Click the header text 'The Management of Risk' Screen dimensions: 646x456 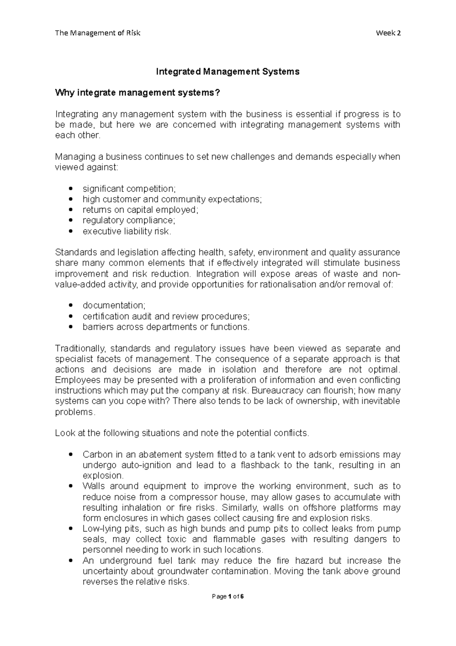point(98,33)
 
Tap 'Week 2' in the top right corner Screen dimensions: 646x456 point(388,33)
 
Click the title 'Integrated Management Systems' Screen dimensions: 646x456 point(228,72)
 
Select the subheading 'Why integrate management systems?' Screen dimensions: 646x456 point(138,93)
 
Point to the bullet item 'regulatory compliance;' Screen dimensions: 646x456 point(129,220)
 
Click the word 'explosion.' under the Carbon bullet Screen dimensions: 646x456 point(103,476)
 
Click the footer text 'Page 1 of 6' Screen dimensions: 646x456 point(228,597)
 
